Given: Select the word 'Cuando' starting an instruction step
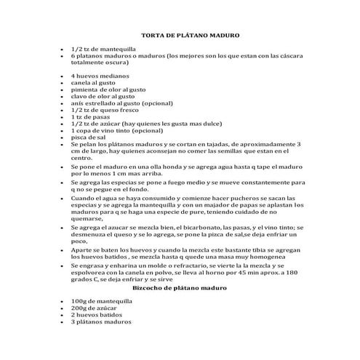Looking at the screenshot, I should point(83,198).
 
